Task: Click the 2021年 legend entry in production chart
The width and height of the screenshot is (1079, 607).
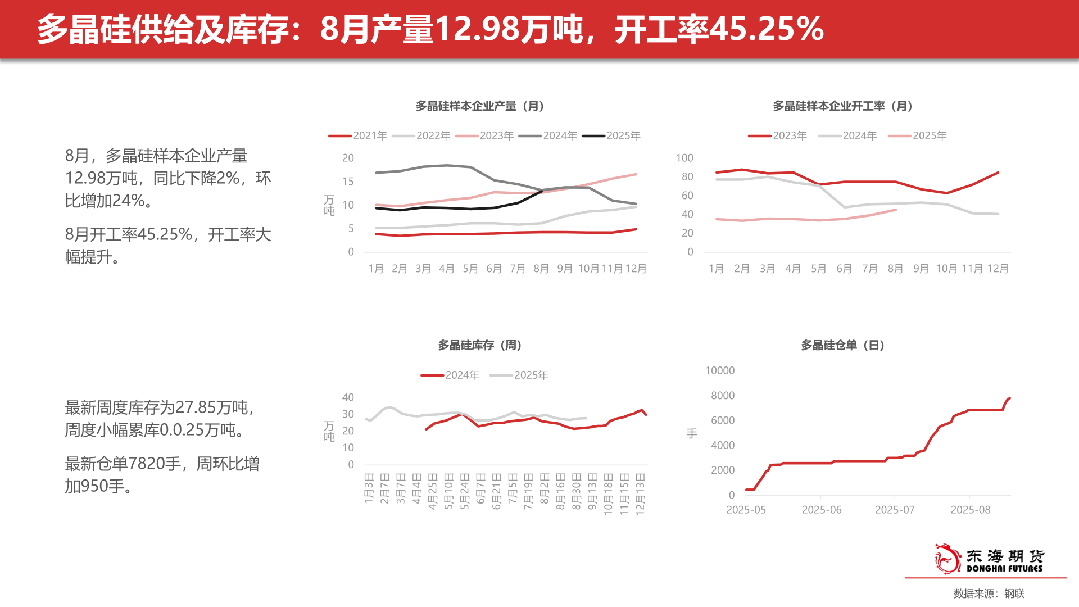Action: (x=358, y=135)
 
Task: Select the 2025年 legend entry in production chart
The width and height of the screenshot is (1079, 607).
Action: (x=611, y=135)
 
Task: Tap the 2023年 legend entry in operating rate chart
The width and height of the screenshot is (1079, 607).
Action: (x=778, y=135)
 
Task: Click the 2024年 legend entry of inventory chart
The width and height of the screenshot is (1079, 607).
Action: (x=450, y=375)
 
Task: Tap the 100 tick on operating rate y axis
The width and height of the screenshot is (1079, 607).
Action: (x=684, y=158)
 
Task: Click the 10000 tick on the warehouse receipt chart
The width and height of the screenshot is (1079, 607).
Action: (x=719, y=370)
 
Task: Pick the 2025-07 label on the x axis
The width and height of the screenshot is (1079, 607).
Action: (x=895, y=510)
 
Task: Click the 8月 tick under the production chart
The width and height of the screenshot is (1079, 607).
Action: (x=541, y=269)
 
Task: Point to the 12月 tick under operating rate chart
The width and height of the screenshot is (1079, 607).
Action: (x=998, y=269)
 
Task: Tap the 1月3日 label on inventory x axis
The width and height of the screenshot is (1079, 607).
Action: (x=369, y=488)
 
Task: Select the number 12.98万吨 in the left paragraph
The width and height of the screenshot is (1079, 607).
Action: (x=101, y=178)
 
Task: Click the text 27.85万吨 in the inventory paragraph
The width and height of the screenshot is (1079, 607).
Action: (x=211, y=407)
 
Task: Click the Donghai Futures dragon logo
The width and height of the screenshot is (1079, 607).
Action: (x=947, y=559)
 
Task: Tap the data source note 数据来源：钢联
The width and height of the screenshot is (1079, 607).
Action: (x=989, y=594)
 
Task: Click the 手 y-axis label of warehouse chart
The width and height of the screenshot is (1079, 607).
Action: (x=692, y=433)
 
